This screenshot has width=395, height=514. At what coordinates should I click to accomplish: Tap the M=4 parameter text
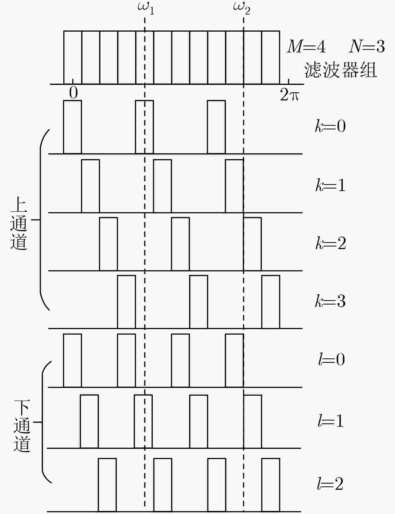click(306, 47)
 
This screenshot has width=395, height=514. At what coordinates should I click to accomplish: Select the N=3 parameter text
click(367, 47)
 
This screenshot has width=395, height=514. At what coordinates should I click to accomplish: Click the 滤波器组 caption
click(340, 70)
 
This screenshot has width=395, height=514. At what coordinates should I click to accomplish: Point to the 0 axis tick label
click(73, 93)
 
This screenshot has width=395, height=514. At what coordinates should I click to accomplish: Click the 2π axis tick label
click(289, 95)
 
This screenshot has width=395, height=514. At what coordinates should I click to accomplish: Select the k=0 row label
click(330, 126)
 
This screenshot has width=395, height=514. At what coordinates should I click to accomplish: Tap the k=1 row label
click(330, 185)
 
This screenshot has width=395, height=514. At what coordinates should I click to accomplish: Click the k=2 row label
click(331, 243)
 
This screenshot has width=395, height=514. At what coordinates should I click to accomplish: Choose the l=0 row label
click(331, 359)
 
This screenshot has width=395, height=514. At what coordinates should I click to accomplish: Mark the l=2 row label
click(330, 484)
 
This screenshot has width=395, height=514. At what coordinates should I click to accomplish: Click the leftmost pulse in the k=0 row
click(72, 127)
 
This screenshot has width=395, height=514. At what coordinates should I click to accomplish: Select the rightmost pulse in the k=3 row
click(271, 302)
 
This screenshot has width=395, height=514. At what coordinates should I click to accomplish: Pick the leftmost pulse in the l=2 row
click(107, 485)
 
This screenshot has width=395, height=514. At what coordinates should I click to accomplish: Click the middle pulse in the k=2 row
click(180, 244)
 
